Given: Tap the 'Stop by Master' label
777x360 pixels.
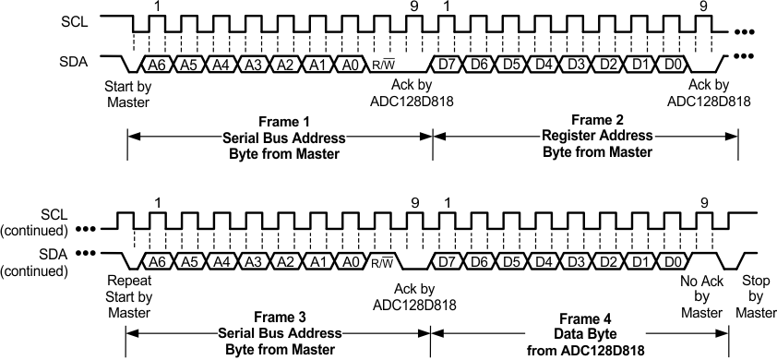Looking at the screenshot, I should click(756, 296).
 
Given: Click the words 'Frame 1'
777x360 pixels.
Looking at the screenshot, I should click(281, 121).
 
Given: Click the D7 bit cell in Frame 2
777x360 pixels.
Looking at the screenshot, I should click(449, 65).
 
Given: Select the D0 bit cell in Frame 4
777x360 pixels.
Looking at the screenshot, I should click(674, 262).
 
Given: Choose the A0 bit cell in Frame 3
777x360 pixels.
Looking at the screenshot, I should click(350, 262).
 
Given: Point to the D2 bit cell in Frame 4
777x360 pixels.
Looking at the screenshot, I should click(609, 262).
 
